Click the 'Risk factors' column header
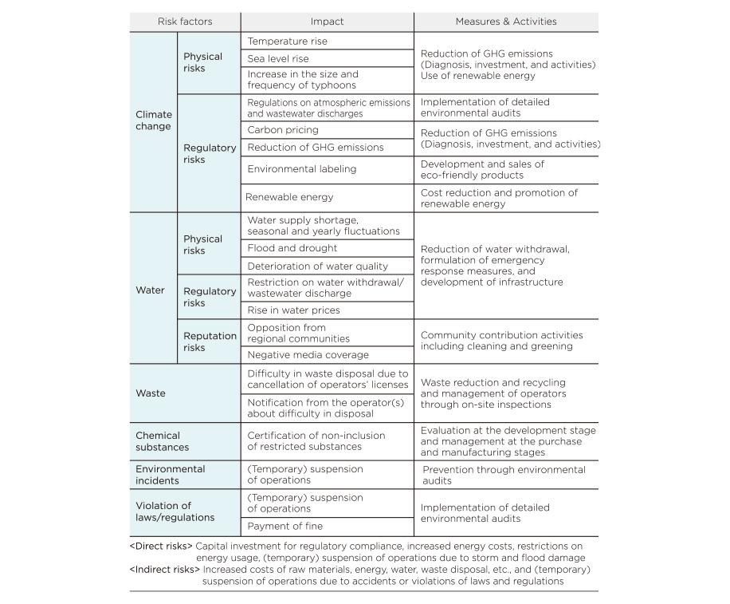click(x=185, y=22)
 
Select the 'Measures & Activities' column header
click(x=505, y=22)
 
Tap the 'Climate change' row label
click(x=154, y=120)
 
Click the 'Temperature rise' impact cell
click(x=287, y=41)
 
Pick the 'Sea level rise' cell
click(x=277, y=58)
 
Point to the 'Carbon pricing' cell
click(x=282, y=130)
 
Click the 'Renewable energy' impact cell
click(x=288, y=197)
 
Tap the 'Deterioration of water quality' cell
click(x=317, y=266)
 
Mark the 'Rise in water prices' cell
click(x=293, y=310)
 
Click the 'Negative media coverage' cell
click(x=308, y=355)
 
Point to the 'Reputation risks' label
click(x=210, y=341)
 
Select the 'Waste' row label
click(x=151, y=393)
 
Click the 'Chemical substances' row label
click(x=162, y=441)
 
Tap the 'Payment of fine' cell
click(x=285, y=527)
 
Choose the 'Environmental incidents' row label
click(x=170, y=475)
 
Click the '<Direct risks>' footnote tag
click(x=161, y=547)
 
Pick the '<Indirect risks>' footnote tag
click(x=165, y=570)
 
